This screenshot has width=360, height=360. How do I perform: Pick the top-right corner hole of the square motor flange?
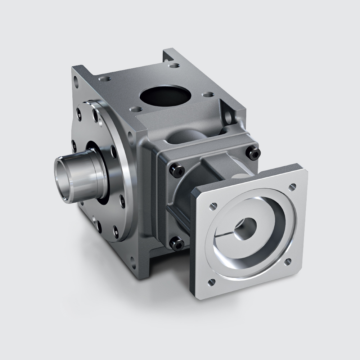point(293,186)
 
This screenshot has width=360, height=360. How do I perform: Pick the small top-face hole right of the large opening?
point(207,95)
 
